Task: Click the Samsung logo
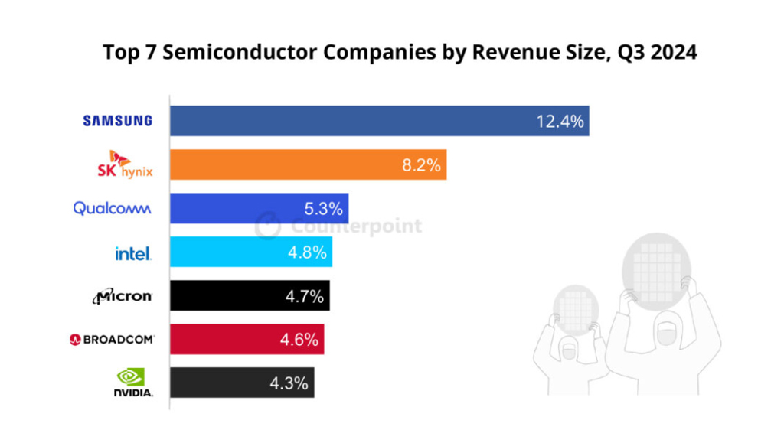[x=117, y=120]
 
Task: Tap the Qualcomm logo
[x=112, y=208]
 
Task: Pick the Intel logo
[x=132, y=252]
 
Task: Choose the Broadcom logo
[x=112, y=339]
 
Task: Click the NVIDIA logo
[x=132, y=382]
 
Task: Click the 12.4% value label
[x=560, y=121]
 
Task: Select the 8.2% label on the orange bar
[x=421, y=164]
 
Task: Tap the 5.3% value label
[x=325, y=208]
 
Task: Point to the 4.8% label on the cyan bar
[x=308, y=252]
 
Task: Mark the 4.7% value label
[x=305, y=295]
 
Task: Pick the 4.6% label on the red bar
[x=299, y=339]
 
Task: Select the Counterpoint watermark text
[x=356, y=226]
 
